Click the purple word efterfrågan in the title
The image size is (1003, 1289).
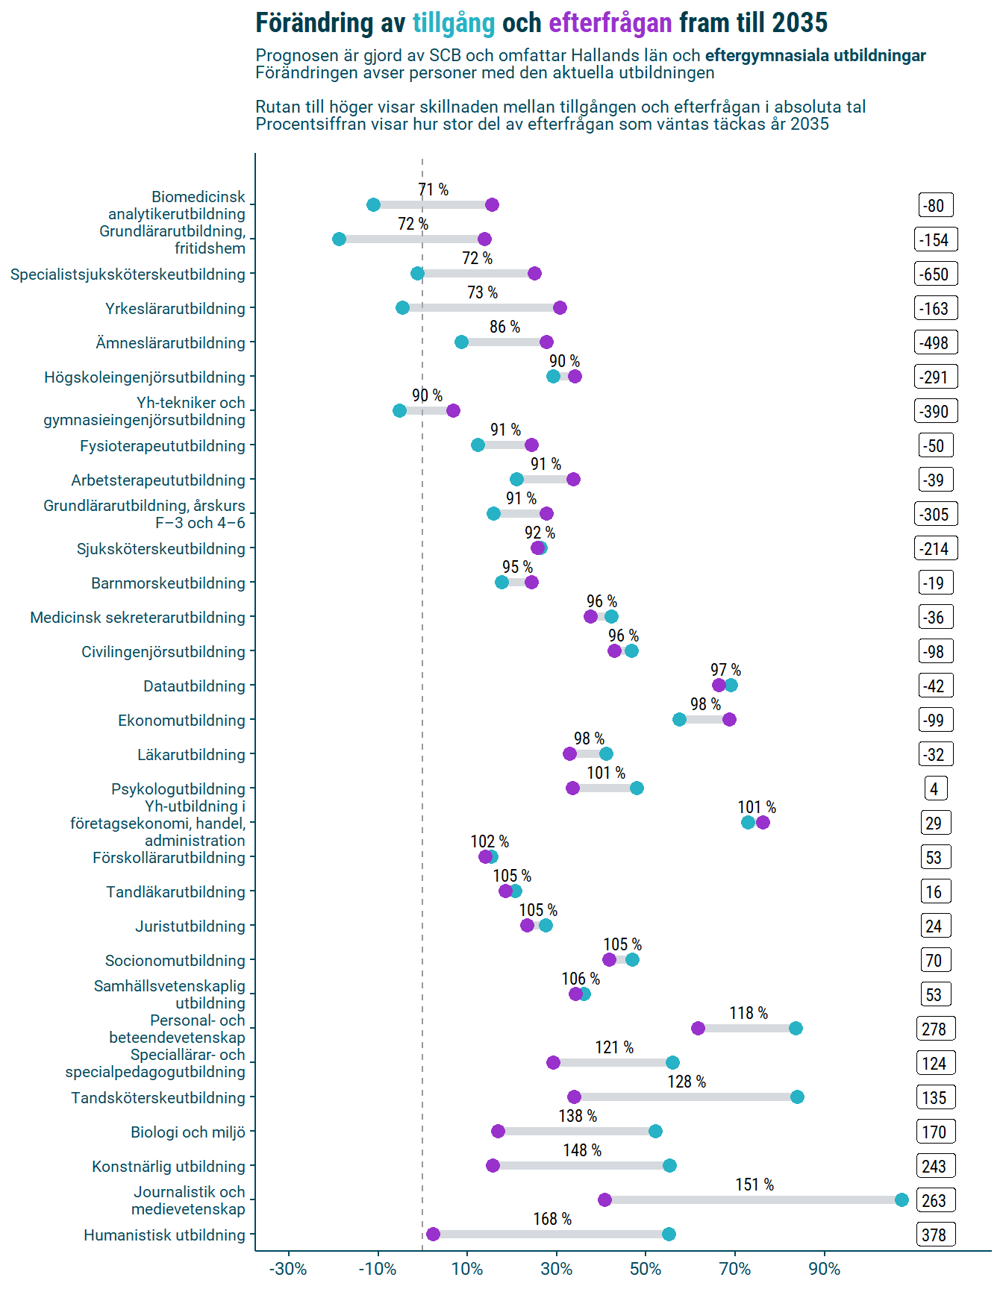610,24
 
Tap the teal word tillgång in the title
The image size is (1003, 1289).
454,24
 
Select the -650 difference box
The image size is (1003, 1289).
935,275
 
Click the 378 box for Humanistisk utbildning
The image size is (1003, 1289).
935,1235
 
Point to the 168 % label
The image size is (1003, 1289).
552,1219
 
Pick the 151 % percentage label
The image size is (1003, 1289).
754,1185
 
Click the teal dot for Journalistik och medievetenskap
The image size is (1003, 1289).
902,1200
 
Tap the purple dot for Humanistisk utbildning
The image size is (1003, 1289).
433,1235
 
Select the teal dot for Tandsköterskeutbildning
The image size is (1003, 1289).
797,1097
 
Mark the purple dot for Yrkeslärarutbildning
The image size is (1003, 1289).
560,308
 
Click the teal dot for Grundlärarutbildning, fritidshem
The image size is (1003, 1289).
339,239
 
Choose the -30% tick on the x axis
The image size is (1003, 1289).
288,1269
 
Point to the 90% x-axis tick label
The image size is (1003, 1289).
824,1269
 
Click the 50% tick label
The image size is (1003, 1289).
646,1269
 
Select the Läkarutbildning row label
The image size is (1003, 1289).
191,755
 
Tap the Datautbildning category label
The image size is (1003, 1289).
194,686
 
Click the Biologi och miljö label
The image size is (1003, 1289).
188,1132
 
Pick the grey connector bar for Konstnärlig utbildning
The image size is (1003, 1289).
581,1166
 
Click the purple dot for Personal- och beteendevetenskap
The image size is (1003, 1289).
698,1029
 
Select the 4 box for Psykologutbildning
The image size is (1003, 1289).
934,789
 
